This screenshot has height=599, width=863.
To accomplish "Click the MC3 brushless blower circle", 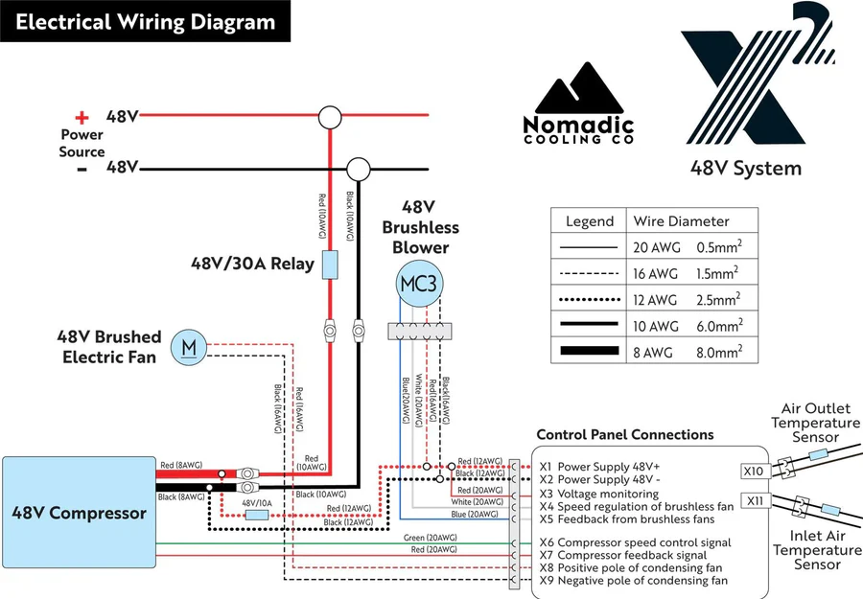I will [x=418, y=285].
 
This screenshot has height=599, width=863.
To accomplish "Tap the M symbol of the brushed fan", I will [x=189, y=347].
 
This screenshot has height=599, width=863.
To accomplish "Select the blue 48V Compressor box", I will [x=79, y=513].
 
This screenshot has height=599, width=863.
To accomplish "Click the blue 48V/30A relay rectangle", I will [x=329, y=264].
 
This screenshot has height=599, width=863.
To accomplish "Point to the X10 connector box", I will [x=754, y=471].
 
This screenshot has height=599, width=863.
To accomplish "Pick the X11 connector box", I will [x=754, y=500].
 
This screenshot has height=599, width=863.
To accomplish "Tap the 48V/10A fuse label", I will [x=255, y=502].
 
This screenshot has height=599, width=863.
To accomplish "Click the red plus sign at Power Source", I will [x=82, y=118].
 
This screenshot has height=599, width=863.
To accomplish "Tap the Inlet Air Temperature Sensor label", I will [x=817, y=550].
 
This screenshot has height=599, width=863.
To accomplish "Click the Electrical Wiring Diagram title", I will [x=144, y=22].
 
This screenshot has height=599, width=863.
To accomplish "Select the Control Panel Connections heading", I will [x=624, y=435].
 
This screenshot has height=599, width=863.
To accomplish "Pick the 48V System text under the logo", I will [x=745, y=169].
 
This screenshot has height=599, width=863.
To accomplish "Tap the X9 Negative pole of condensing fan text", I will [x=633, y=580].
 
